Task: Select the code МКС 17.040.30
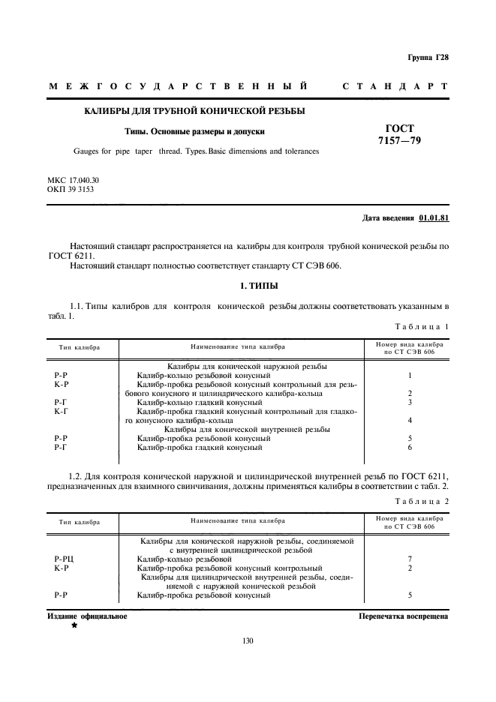[x=73, y=181]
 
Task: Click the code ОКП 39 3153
[x=71, y=190]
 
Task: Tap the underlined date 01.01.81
[x=433, y=218]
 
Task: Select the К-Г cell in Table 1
[x=62, y=412]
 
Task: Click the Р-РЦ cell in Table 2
[x=64, y=559]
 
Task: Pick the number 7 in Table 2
[x=410, y=559]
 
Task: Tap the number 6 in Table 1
[x=410, y=448]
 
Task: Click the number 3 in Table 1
[x=410, y=403]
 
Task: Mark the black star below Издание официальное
[x=74, y=625]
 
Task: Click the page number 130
[x=248, y=640]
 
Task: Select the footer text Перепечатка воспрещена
[x=404, y=616]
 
